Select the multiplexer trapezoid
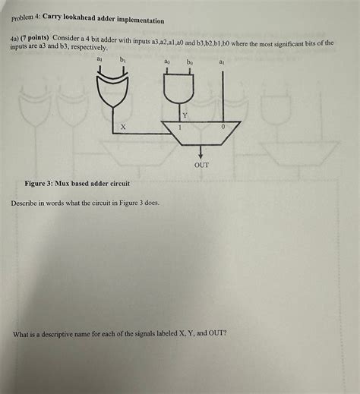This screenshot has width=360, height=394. coord(201,133)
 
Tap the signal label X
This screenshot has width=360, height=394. coord(123,127)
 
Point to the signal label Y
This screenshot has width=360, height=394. coord(185,115)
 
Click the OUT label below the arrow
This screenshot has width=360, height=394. coord(201,165)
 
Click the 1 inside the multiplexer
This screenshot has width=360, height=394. coord(180,127)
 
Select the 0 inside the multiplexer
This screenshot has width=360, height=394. coord(223,127)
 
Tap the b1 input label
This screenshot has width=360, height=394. coord(122,60)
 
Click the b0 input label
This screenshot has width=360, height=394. coord(190,61)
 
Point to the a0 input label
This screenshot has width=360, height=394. coord(166,61)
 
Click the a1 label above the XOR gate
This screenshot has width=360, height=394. coord(99,59)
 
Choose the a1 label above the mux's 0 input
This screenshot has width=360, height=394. coord(222,61)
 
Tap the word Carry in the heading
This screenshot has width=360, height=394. coord(52,17)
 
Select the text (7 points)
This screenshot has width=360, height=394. coord(35,38)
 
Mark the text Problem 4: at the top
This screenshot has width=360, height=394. coord(26,17)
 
